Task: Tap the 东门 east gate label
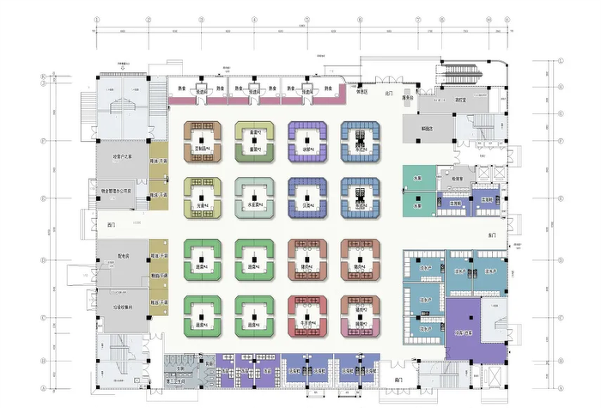[492, 234]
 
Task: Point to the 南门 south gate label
[398, 379]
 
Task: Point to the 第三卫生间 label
[177, 382]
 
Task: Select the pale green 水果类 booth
[255, 197]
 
